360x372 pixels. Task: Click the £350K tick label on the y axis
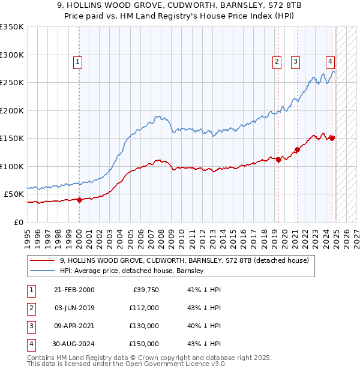pos(11,27)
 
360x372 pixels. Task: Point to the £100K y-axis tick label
pos(11,166)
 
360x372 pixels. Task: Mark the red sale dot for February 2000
pos(79,200)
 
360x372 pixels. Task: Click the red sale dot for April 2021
pos(297,149)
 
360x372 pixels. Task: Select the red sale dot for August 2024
pos(332,138)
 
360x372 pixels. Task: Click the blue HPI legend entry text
pos(132,271)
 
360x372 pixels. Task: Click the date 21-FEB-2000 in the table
pos(74,290)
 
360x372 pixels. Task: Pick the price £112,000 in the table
pos(143,308)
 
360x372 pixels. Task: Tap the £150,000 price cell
pos(143,344)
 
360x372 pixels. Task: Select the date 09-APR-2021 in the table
pos(74,326)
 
